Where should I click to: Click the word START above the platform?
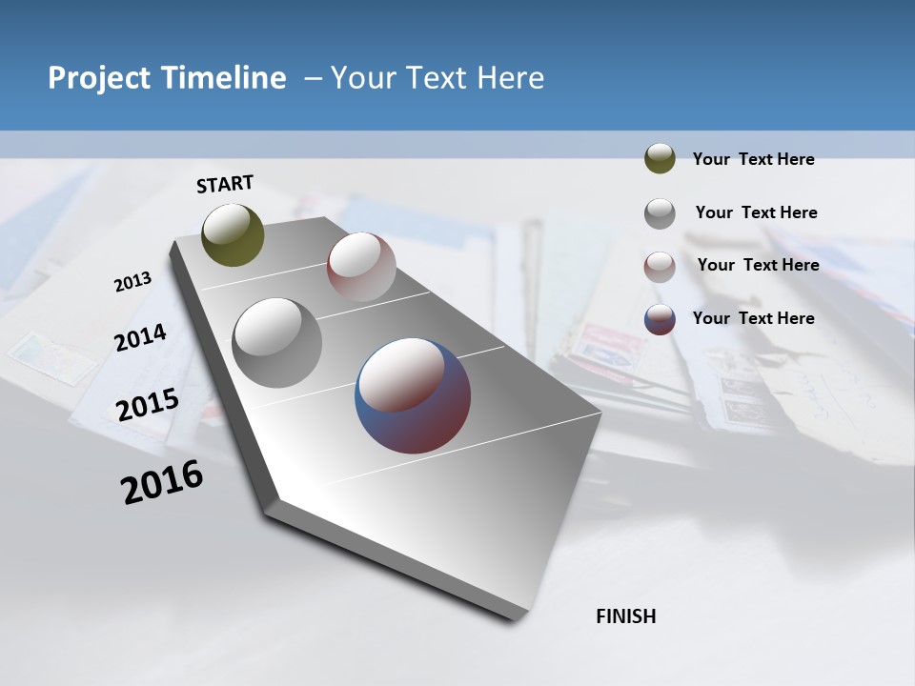coord(225,184)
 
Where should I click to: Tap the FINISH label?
coord(625,616)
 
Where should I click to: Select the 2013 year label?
coord(132,282)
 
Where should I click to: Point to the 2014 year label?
coord(140,337)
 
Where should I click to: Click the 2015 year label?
coord(147,404)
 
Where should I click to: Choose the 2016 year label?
coord(162,482)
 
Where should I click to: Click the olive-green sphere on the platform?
coord(233,234)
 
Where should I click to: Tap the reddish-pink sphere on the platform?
coord(361,267)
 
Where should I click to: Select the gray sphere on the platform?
coord(276,342)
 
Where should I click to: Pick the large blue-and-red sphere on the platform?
coord(413,394)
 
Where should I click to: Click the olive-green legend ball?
coord(660,158)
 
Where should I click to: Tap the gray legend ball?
coord(660,212)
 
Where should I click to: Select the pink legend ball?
coord(660,266)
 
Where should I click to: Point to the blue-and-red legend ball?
coord(660,319)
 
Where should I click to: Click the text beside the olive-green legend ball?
coord(753,159)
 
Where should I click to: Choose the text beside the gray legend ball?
coord(756,212)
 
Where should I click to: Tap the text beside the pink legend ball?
coord(758,265)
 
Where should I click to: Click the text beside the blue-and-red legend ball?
coord(753,318)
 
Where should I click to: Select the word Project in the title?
coord(95,78)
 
